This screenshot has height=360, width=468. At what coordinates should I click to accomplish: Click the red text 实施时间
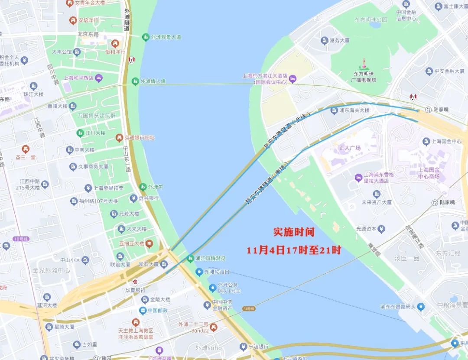[293, 232]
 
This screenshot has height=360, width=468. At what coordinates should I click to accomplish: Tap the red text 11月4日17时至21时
[294, 250]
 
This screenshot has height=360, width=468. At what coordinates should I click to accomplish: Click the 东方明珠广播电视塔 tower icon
[364, 63]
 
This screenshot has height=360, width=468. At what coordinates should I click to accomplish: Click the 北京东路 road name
[88, 34]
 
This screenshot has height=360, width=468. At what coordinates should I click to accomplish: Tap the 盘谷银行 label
[148, 198]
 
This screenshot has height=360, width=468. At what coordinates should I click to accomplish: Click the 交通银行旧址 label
[140, 138]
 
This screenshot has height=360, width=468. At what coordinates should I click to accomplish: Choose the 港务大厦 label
[339, 41]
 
